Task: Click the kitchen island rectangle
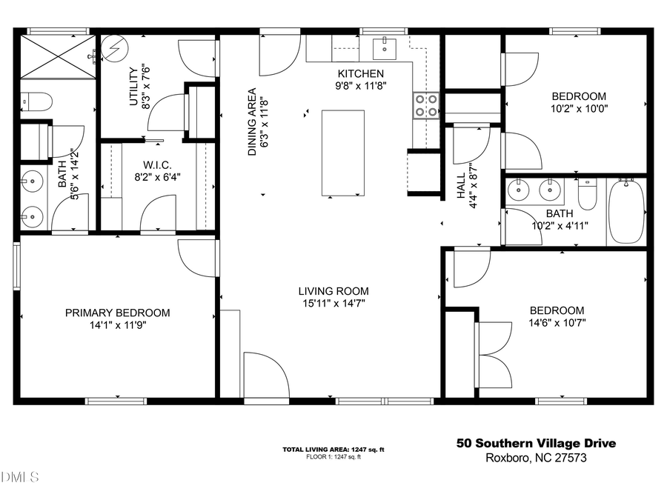point(342,153)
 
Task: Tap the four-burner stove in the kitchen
point(425,105)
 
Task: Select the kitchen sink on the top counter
point(385,47)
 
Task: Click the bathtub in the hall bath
point(626,212)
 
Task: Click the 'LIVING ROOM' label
point(333,291)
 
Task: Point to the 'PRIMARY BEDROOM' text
point(117,313)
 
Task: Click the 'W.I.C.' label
point(156,164)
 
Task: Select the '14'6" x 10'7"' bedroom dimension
point(556,324)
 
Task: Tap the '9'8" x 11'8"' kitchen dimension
point(361,85)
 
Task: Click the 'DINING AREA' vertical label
point(252,122)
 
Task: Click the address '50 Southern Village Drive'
point(534,444)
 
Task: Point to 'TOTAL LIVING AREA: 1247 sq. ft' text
point(333,450)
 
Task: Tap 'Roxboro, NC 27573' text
point(535,458)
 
